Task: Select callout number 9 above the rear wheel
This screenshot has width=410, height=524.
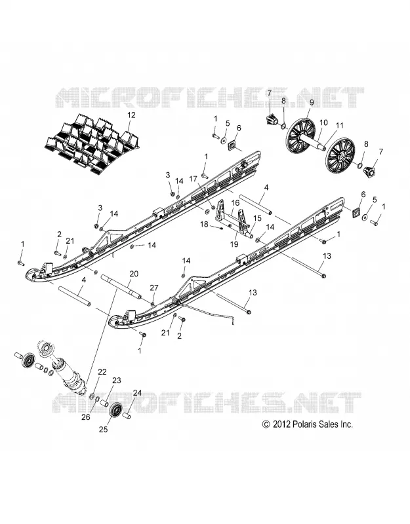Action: (x=311, y=103)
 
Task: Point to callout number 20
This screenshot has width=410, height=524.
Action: (x=134, y=274)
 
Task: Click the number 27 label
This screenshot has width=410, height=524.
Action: (x=154, y=288)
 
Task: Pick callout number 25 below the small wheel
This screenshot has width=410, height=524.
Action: (x=104, y=430)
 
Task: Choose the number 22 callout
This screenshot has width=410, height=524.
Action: (x=102, y=372)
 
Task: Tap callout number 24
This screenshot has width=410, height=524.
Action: (x=138, y=394)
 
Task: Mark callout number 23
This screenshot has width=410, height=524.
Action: (x=117, y=381)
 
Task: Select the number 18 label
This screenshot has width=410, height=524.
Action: (x=204, y=224)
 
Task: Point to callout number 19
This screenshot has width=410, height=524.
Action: (x=234, y=244)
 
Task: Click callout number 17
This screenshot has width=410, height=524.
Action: (x=193, y=179)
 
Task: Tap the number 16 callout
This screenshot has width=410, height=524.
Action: (x=236, y=203)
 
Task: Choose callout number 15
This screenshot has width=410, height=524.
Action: (x=257, y=218)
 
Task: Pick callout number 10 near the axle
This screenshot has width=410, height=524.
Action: (x=323, y=122)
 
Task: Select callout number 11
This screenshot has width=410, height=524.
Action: (x=340, y=126)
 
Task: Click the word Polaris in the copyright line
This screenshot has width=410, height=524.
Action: (x=304, y=424)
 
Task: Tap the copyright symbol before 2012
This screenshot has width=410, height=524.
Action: (x=266, y=424)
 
